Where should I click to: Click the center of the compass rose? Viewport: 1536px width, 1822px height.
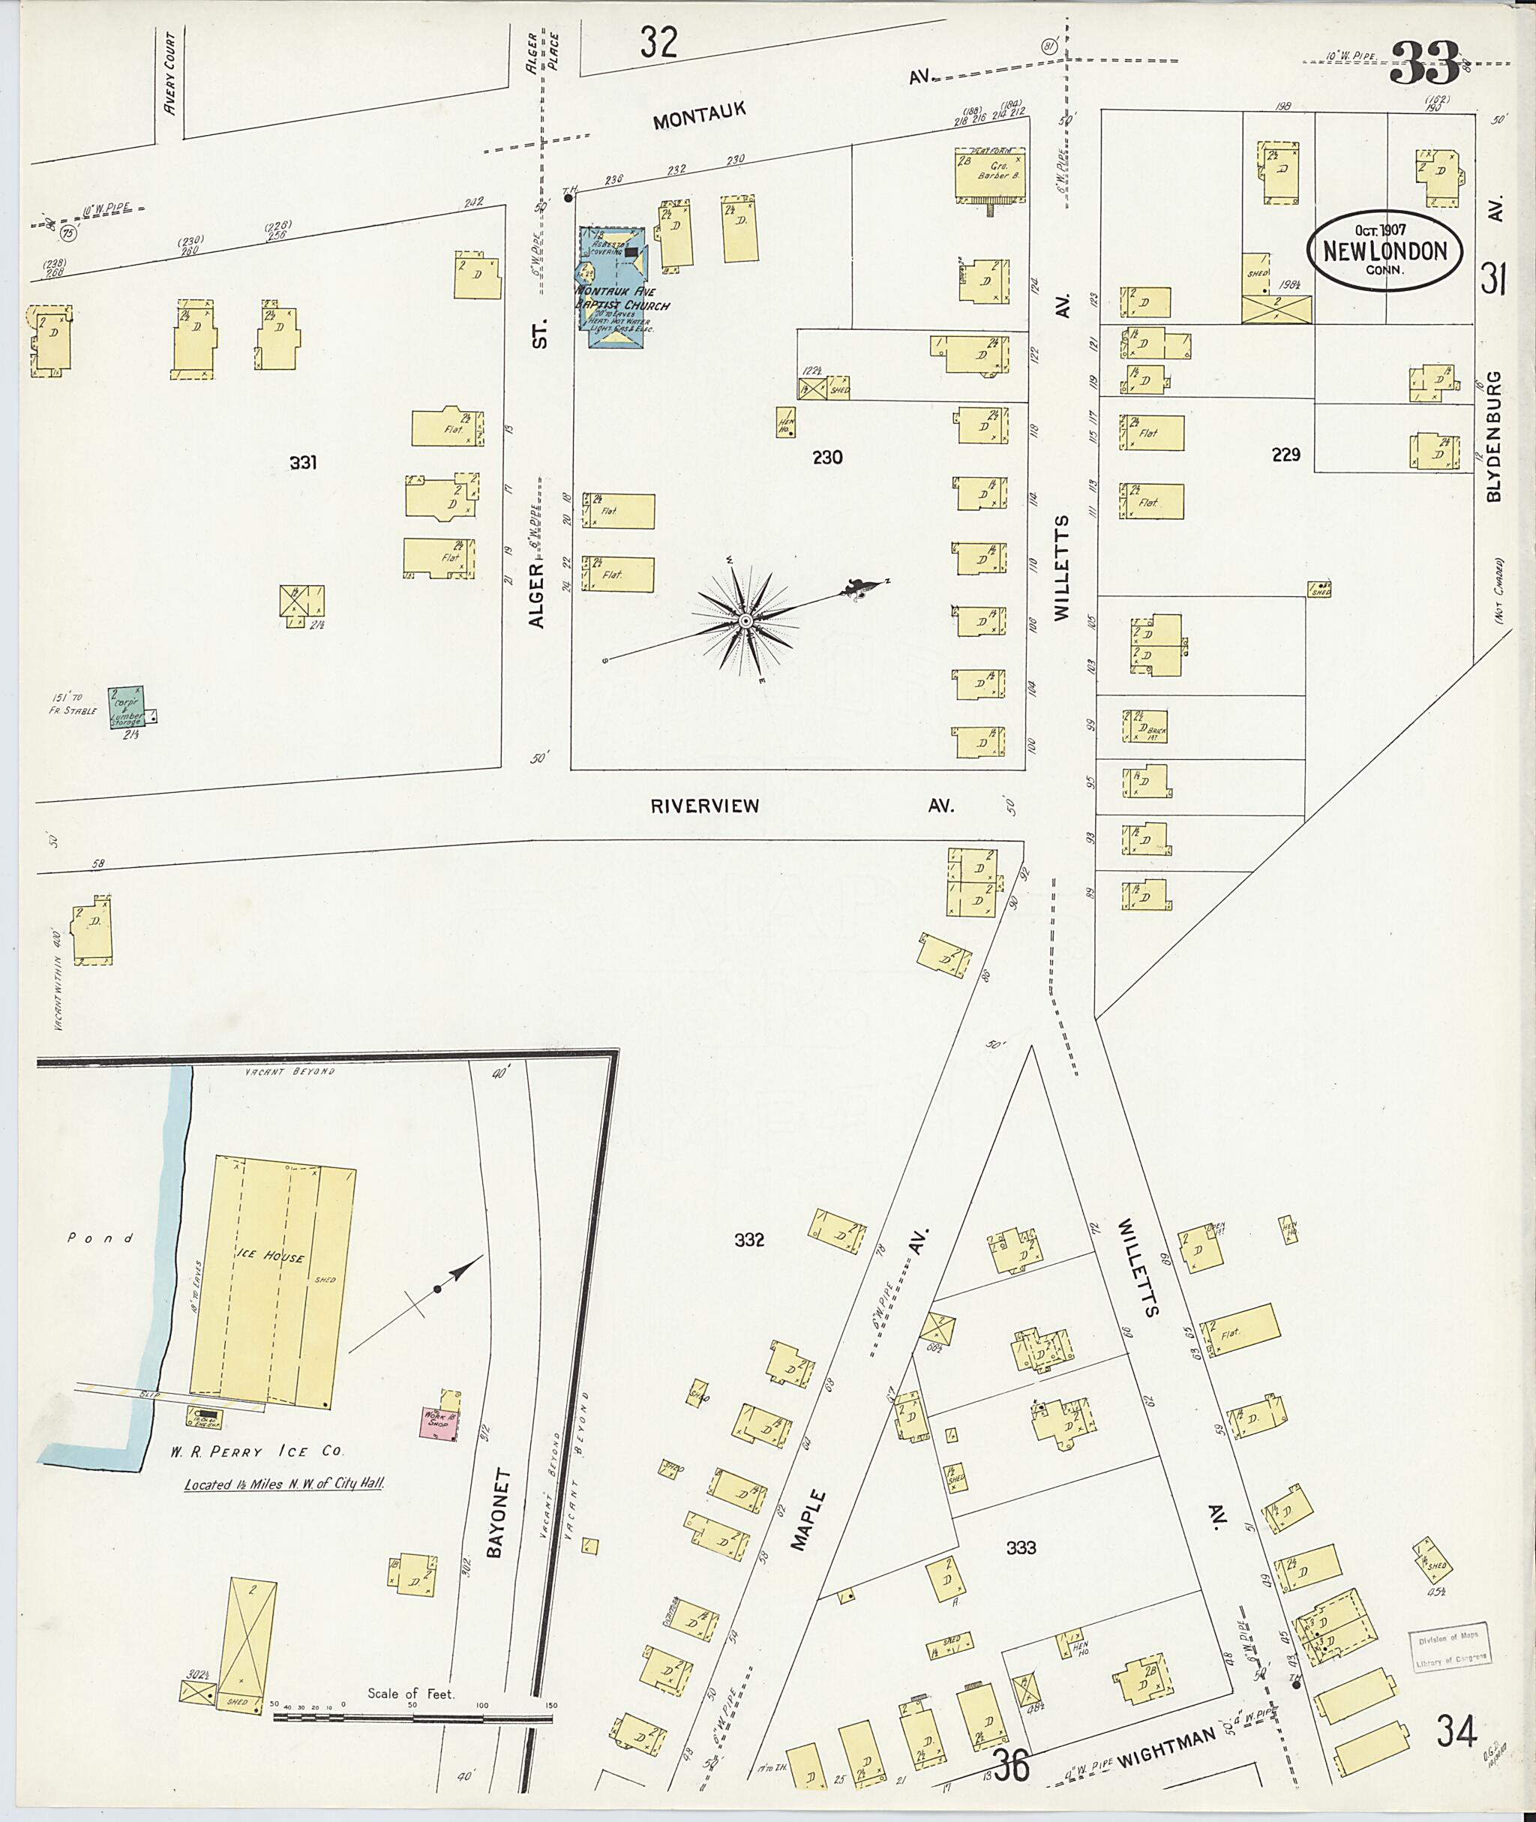(x=745, y=620)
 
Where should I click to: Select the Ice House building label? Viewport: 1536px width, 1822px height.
(x=280, y=1256)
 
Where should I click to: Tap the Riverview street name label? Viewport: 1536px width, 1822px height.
(x=704, y=806)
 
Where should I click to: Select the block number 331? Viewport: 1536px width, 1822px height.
(x=303, y=463)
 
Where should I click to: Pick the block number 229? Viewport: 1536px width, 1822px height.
(x=1285, y=454)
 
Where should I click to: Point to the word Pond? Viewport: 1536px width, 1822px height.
(x=101, y=1238)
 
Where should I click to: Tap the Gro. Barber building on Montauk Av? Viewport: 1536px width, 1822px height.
(x=990, y=175)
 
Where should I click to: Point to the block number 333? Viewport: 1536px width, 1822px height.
(x=1021, y=1547)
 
